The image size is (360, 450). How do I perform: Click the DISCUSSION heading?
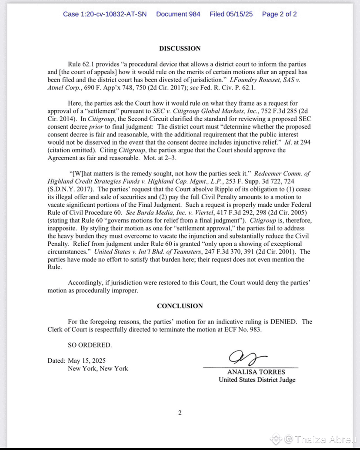click(x=180, y=49)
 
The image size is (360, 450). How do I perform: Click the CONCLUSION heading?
click(x=180, y=306)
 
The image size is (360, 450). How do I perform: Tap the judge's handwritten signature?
click(x=246, y=358)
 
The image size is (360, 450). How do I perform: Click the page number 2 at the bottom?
click(x=180, y=413)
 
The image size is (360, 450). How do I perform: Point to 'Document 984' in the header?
click(x=178, y=14)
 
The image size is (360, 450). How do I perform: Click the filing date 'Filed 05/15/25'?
click(x=231, y=14)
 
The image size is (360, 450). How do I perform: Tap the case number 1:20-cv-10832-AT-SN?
click(x=105, y=14)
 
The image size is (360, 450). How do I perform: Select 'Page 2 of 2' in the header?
click(x=280, y=14)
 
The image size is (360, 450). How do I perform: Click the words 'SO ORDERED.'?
click(x=90, y=345)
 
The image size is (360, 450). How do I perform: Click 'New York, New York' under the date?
click(x=98, y=368)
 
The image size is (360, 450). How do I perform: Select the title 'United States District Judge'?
click(x=257, y=380)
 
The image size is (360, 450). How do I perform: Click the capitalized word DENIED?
click(x=283, y=321)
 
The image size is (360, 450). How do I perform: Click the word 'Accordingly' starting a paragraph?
click(x=86, y=283)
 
